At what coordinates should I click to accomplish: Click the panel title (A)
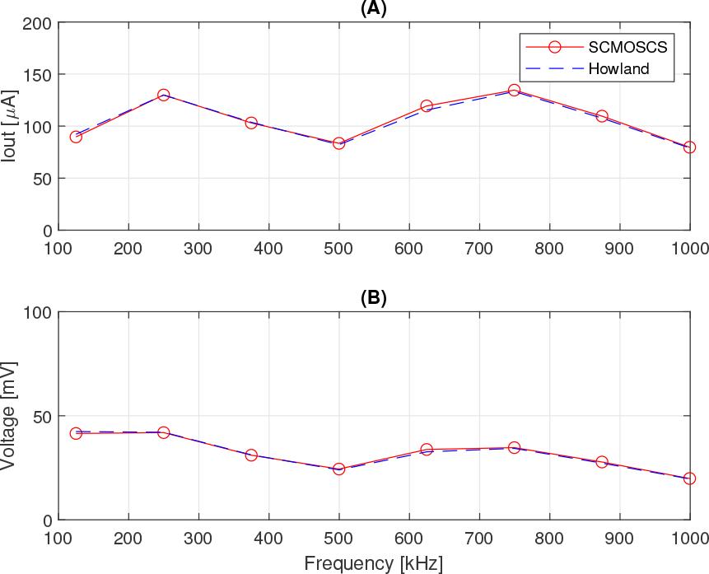[374, 9]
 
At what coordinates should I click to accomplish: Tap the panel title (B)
[374, 298]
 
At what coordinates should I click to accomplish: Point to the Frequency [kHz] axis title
[373, 564]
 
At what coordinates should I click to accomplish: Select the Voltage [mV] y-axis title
[9, 416]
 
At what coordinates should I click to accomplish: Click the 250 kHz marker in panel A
[163, 96]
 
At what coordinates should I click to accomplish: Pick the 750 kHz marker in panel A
[514, 90]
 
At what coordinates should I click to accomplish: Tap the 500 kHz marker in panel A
[338, 143]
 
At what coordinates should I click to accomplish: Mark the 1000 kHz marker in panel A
[689, 147]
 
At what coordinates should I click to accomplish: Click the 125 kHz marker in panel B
[76, 433]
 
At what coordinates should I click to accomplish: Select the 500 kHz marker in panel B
[338, 469]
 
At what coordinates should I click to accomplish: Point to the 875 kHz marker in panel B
[602, 462]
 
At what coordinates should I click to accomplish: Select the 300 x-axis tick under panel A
[198, 249]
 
